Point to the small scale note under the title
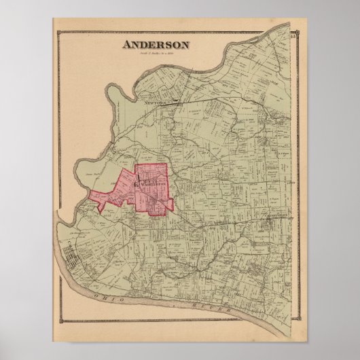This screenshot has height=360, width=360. (x=156, y=54)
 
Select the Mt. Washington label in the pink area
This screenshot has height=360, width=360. (x=153, y=182)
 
